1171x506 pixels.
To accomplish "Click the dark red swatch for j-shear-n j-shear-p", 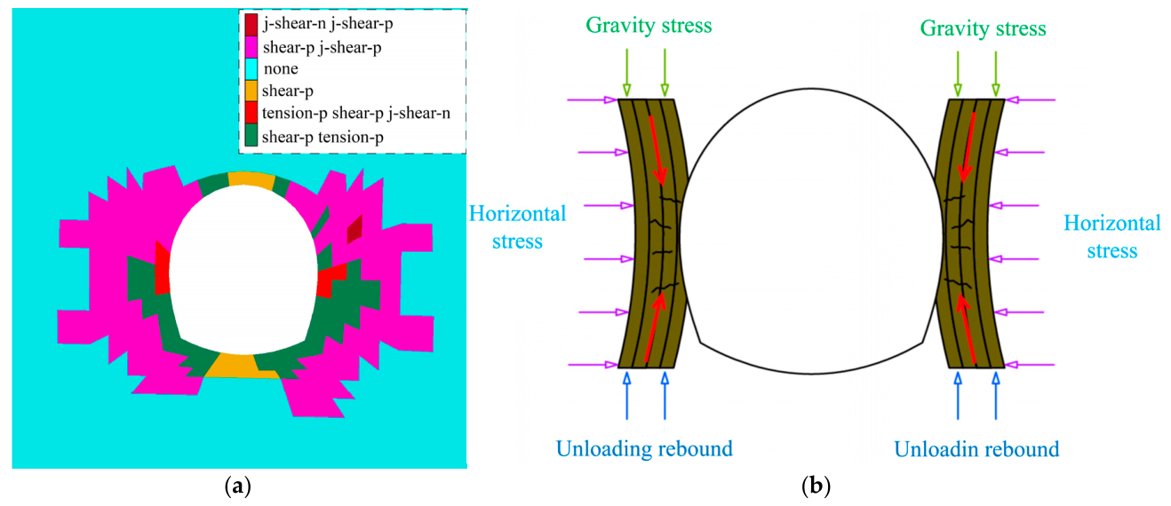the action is coord(251,24).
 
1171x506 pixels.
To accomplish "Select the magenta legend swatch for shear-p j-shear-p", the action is coord(251,47).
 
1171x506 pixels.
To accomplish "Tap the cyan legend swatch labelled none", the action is coord(251,69).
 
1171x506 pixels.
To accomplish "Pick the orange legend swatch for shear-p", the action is coord(251,91).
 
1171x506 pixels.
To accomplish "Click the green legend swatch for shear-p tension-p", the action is coord(251,135).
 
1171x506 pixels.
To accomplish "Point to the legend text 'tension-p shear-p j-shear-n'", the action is coord(356,114).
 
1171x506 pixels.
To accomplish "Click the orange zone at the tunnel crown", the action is coord(251,179).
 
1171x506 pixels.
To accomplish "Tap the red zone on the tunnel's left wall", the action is coord(163,267).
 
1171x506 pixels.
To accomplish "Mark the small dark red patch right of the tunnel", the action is coord(355,229).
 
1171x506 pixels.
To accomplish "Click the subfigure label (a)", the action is coord(238,486).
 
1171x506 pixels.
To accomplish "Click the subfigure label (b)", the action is coord(816,486).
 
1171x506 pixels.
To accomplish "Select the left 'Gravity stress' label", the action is coord(649,25).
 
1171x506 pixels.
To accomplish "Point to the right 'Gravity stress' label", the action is coord(983,28).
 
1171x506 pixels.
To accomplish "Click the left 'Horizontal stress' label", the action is coord(518,227).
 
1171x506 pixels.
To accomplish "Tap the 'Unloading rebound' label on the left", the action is coord(644,448).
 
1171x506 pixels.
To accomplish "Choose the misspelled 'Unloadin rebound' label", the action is coord(976,449).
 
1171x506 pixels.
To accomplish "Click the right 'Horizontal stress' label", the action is coord(1112,236).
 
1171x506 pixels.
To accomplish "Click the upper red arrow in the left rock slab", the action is coord(657,150).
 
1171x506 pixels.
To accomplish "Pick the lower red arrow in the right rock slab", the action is coord(966,328).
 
